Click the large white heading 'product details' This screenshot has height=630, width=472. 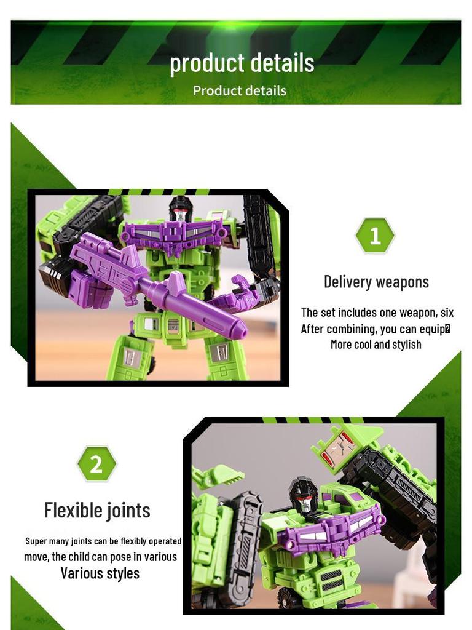tap(242, 63)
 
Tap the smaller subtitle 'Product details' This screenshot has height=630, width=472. tap(240, 90)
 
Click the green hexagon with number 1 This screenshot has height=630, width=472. tap(375, 236)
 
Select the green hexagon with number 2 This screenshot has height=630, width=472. tap(96, 464)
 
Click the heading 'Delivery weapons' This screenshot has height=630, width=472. tap(376, 282)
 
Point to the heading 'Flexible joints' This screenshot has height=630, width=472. tap(97, 510)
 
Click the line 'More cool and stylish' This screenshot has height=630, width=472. tap(376, 345)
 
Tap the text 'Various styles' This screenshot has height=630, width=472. tap(100, 573)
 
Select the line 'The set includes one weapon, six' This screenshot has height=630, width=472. tap(377, 313)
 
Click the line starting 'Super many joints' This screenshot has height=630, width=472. tap(103, 541)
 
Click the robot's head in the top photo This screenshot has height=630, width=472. tap(180, 209)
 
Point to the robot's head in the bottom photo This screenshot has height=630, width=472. tap(304, 496)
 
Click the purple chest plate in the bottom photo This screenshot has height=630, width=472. tap(332, 531)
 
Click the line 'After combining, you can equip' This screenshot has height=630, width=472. tap(375, 329)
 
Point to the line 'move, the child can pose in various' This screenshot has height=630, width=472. tap(100, 557)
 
